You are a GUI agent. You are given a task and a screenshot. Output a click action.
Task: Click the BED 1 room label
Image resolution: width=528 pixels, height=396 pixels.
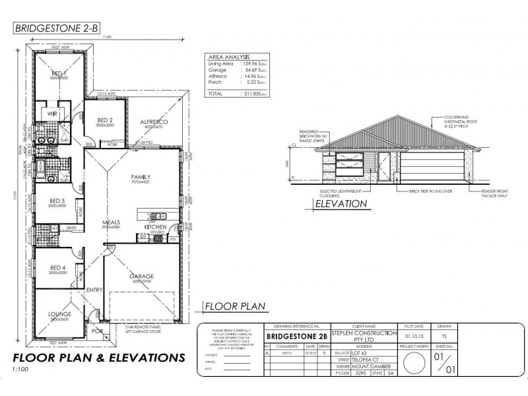tap(59, 73)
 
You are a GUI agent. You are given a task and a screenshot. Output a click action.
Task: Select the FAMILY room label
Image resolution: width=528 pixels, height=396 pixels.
tap(141, 177)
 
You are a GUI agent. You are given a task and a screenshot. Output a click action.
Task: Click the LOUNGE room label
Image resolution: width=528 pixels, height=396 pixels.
tap(59, 314)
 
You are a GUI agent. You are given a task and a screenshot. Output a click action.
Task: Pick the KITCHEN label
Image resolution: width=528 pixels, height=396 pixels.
tap(155, 226)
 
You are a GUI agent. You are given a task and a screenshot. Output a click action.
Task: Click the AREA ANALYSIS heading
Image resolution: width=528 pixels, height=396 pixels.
tap(230, 57)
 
